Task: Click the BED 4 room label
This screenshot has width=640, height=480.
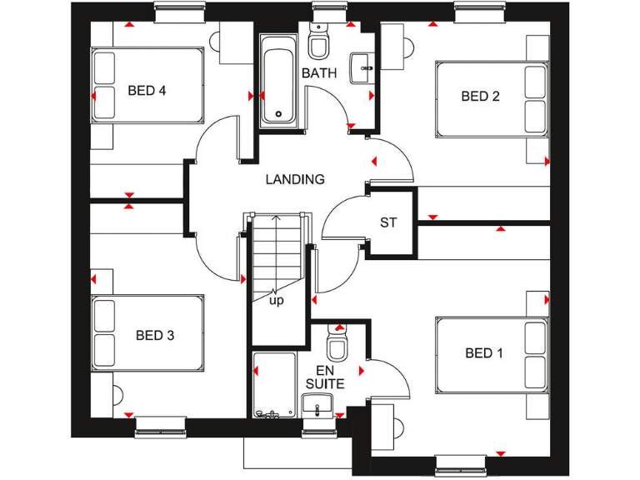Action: pyautogui.click(x=147, y=91)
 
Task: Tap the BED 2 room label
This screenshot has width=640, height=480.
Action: pyautogui.click(x=480, y=97)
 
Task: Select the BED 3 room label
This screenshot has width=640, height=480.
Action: pyautogui.click(x=155, y=336)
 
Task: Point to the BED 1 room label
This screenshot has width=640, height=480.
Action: pyautogui.click(x=484, y=353)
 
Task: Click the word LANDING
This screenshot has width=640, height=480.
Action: pyautogui.click(x=295, y=179)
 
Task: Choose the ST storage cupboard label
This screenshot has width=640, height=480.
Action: pyautogui.click(x=388, y=222)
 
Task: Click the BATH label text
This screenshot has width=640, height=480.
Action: pyautogui.click(x=319, y=73)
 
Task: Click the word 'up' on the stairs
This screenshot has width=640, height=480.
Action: pyautogui.click(x=276, y=300)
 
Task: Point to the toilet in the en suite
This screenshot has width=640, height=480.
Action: pyautogui.click(x=337, y=343)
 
